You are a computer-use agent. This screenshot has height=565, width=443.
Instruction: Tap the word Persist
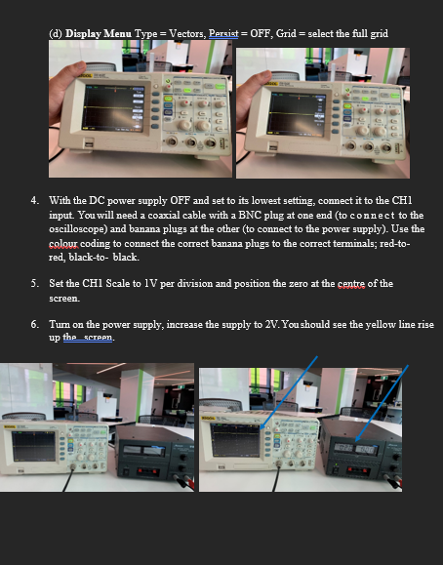tap(223, 34)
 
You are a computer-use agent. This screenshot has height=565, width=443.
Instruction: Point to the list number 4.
tap(36, 200)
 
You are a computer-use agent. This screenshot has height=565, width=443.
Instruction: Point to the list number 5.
tap(36, 284)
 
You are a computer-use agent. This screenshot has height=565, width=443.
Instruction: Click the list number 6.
tap(36, 324)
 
